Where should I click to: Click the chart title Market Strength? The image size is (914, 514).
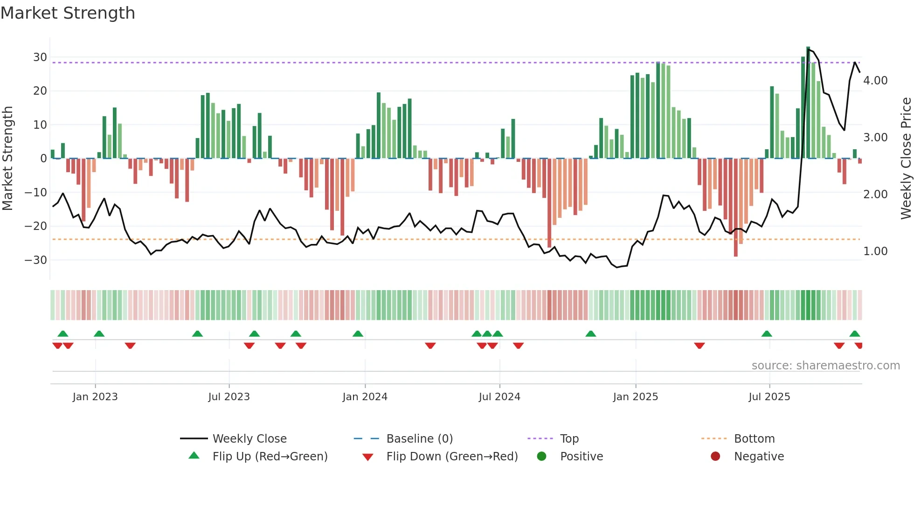coord(68,13)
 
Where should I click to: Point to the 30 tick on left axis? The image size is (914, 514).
coord(40,57)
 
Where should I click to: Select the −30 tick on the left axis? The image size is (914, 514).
coord(36,260)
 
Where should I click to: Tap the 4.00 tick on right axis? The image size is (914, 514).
coord(875,81)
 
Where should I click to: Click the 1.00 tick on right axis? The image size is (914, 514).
coord(875,251)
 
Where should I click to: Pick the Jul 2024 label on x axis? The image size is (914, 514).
coord(499,397)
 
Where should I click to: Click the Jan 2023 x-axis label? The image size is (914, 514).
coord(95,397)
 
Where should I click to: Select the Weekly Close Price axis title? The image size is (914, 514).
coord(906,158)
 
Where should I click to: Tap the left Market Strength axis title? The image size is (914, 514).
coord(7,158)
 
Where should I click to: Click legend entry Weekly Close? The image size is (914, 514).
coord(249,439)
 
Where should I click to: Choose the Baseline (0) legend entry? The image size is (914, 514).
coord(419,439)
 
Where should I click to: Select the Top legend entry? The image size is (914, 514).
coord(569,439)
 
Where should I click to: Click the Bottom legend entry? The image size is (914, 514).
coord(754,439)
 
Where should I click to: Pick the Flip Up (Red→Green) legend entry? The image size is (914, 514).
coord(270,457)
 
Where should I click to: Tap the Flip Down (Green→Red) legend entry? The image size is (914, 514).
coord(452,457)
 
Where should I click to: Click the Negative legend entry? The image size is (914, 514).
coord(759,457)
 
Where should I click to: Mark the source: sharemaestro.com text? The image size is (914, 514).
coord(825,366)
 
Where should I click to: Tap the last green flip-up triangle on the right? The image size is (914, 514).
coord(854,333)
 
